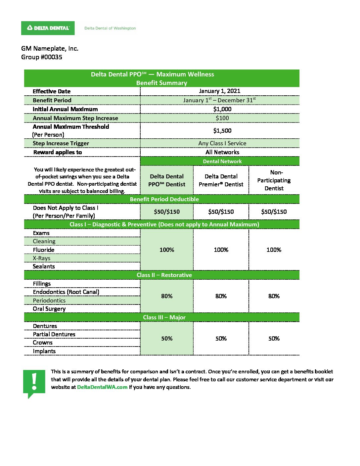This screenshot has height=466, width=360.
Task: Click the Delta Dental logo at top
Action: (48, 28)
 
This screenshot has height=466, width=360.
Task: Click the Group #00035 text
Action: (42, 57)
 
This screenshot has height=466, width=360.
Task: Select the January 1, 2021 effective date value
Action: (220, 91)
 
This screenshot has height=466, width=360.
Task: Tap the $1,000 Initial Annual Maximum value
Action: (222, 109)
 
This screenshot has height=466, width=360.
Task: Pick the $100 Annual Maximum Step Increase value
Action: (222, 118)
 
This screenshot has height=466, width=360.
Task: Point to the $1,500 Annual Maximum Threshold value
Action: (222, 131)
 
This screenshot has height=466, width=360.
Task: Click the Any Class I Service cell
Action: (222, 143)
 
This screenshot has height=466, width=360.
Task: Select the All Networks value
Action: (222, 152)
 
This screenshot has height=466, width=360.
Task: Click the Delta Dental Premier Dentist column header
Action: (221, 180)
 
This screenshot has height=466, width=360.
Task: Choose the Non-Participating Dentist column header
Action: (274, 180)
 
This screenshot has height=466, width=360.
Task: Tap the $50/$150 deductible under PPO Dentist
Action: (167, 212)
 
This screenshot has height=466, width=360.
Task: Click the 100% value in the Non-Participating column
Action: (274, 250)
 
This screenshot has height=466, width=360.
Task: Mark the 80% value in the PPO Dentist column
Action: (167, 296)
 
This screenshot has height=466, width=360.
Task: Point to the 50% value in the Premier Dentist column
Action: (221, 339)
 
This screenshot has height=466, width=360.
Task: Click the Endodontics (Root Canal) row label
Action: (66, 292)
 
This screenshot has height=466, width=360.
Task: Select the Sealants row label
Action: (44, 266)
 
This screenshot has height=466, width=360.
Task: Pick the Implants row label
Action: (44, 351)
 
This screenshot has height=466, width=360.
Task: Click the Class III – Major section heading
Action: (164, 317)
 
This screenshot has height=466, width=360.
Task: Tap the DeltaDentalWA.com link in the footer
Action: (102, 387)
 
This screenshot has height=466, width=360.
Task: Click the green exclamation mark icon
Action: (34, 382)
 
